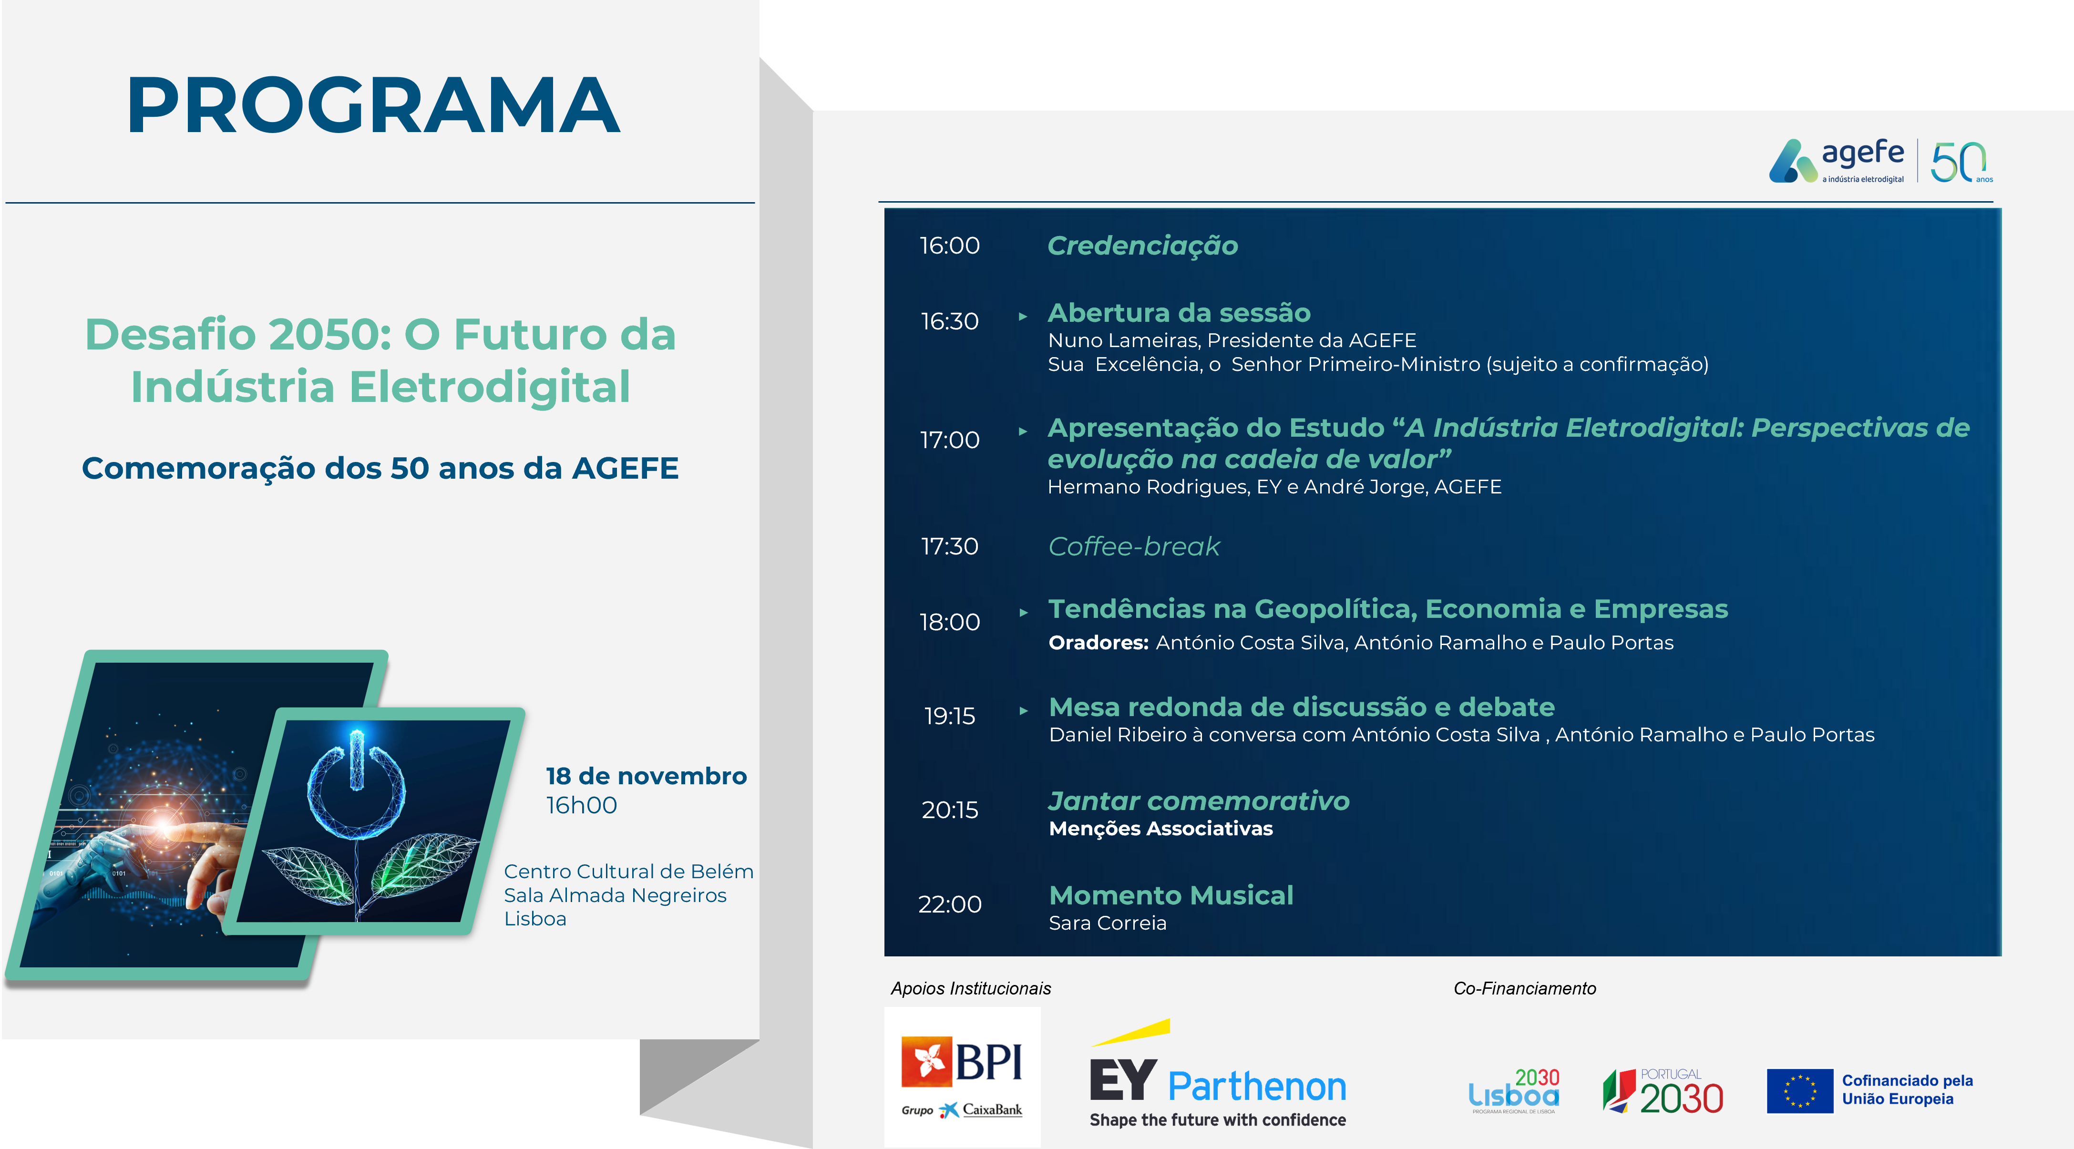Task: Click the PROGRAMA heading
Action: point(373,105)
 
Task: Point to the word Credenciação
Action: point(1142,246)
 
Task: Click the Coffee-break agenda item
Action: point(1134,547)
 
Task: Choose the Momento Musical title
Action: point(1170,895)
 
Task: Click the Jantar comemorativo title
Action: point(1199,801)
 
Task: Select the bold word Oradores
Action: point(1098,643)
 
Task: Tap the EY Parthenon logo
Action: point(1217,1074)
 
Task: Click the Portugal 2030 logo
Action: point(1663,1091)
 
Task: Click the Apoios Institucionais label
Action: point(971,989)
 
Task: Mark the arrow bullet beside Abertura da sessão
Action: point(1023,317)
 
